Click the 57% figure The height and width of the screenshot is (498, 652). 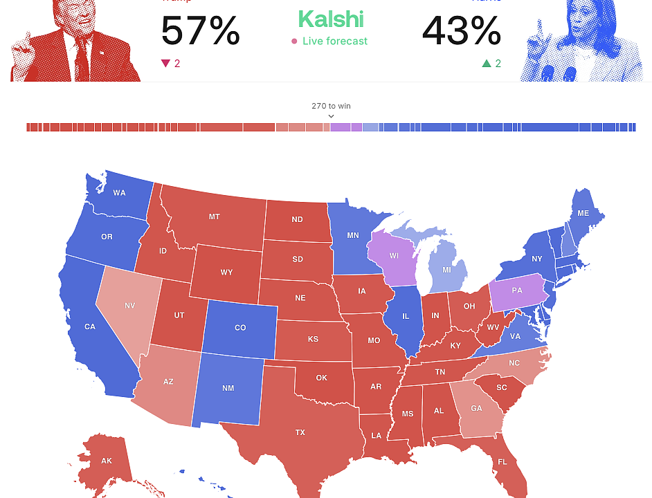[x=200, y=31]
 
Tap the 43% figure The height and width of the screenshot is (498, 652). [x=461, y=31]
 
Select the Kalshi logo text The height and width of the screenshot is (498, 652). [x=330, y=19]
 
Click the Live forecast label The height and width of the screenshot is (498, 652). [x=334, y=41]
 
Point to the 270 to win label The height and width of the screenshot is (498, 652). [x=331, y=106]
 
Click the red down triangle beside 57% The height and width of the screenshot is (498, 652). [x=165, y=64]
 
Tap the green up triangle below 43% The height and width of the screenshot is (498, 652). [x=487, y=64]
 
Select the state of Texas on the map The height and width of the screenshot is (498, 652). [x=300, y=432]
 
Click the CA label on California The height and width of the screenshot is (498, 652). [x=90, y=326]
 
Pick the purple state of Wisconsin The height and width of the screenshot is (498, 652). [x=394, y=256]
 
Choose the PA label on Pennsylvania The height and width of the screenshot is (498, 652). [x=517, y=290]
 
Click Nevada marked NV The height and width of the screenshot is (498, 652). [x=130, y=305]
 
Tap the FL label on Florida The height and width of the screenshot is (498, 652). [x=502, y=461]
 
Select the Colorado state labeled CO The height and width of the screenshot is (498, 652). [x=240, y=327]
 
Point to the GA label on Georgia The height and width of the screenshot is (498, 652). [x=476, y=408]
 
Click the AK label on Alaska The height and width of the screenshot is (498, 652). [x=106, y=461]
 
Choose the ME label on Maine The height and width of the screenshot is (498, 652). [x=583, y=213]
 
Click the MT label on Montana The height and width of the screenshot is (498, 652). [x=214, y=216]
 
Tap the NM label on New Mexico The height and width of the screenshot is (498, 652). [x=228, y=388]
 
